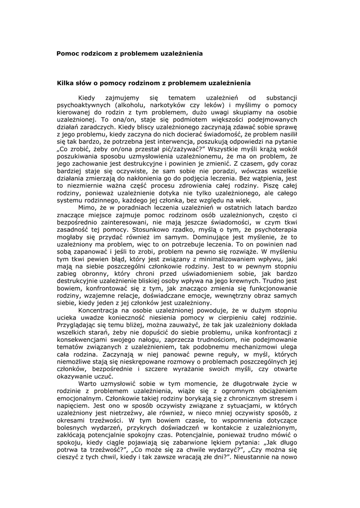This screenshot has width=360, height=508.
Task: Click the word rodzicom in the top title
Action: tap(97, 53)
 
